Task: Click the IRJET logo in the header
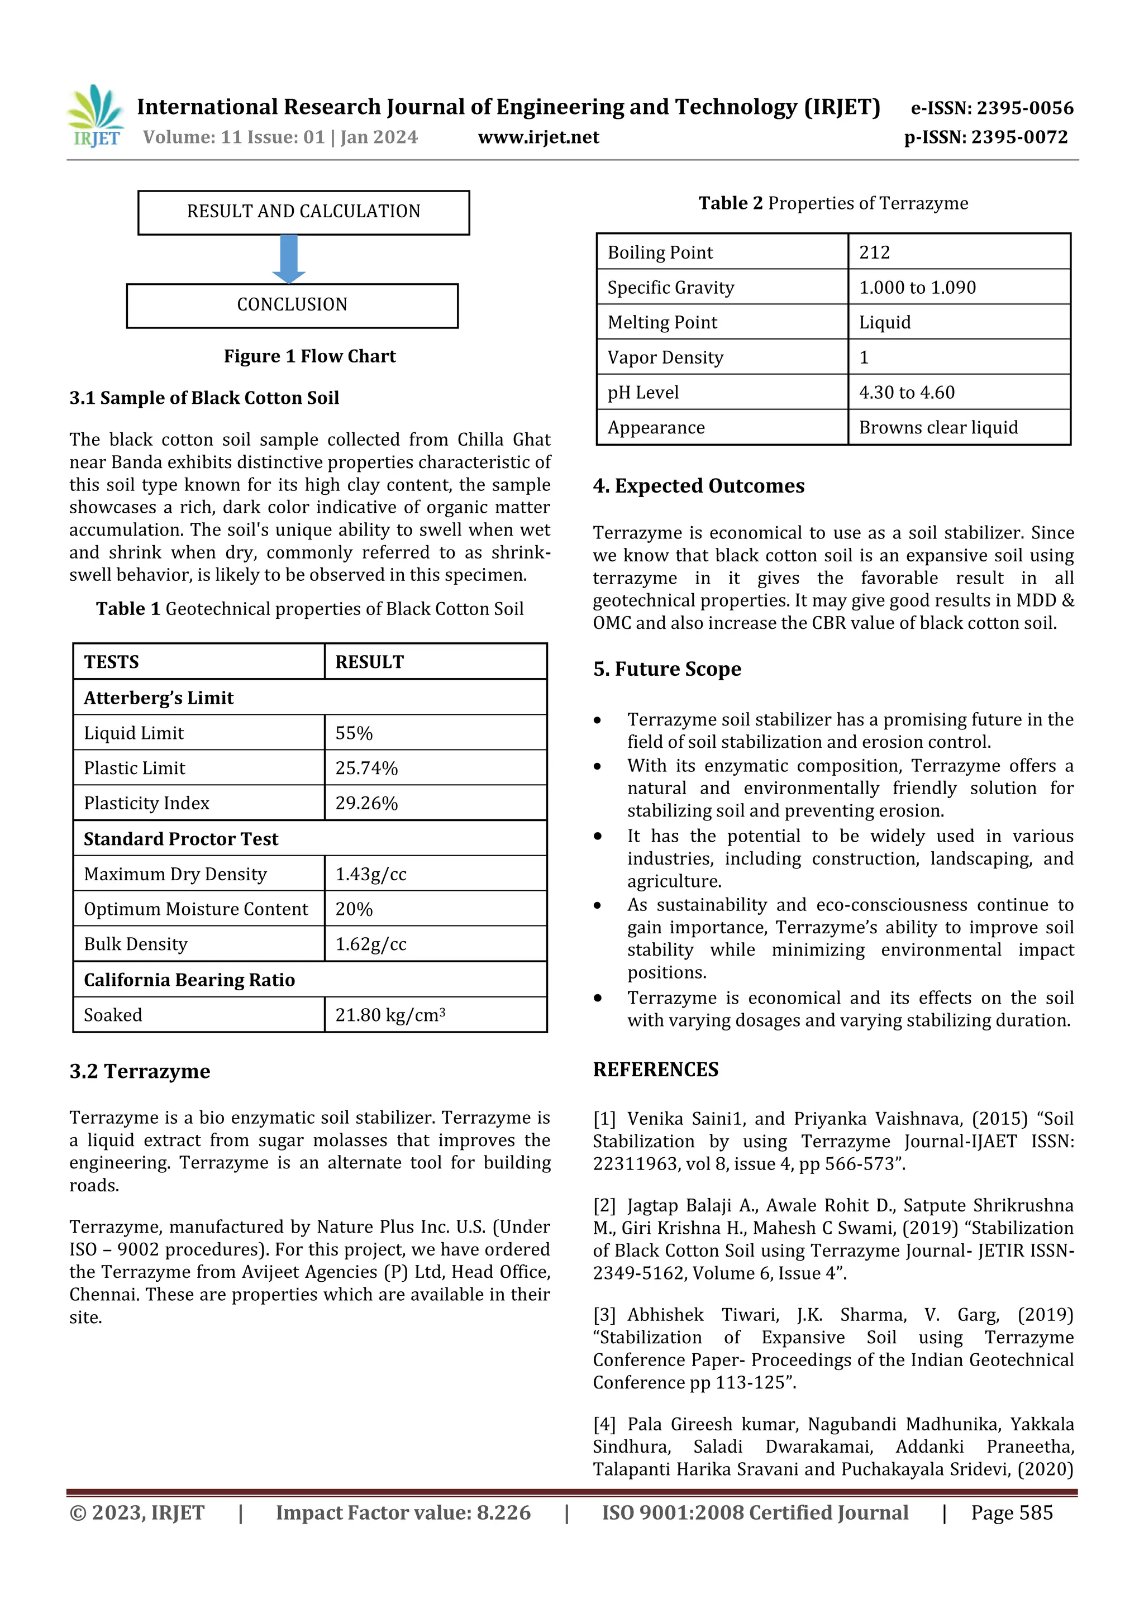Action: [x=96, y=116]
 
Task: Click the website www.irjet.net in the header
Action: [x=538, y=137]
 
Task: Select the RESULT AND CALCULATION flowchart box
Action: [x=303, y=212]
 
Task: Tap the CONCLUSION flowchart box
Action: [x=292, y=305]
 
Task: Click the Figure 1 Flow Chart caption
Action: [x=309, y=356]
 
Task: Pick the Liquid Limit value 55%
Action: [x=354, y=733]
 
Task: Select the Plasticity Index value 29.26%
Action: [x=366, y=803]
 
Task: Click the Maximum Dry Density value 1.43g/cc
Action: [x=371, y=875]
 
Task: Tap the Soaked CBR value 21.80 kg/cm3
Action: [x=390, y=1015]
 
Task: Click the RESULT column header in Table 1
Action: [x=369, y=662]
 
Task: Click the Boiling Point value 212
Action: [x=874, y=252]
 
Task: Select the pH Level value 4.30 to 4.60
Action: [x=907, y=393]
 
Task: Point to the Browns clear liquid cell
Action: [x=938, y=428]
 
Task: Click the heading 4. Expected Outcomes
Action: [x=699, y=486]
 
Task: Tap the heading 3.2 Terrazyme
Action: [x=140, y=1071]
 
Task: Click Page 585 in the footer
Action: [x=1012, y=1513]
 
